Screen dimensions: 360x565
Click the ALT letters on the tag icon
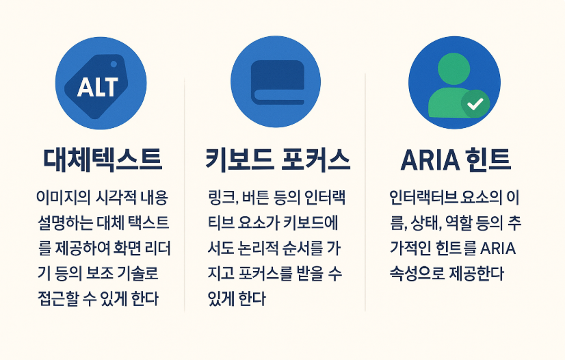98,87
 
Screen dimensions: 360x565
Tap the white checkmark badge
476,104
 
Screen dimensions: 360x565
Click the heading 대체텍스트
103,159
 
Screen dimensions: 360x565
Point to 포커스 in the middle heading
315,159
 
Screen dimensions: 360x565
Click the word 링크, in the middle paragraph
223,198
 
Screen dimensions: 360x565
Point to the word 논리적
252,248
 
